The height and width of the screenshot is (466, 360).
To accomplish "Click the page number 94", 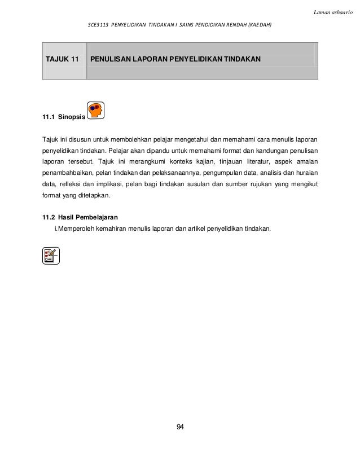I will click(180, 427).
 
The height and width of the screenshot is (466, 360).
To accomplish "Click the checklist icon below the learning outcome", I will click(51, 256).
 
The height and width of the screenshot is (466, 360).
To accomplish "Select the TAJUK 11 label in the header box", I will click(62, 59).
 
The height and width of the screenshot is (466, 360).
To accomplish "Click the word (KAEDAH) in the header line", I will click(257, 25).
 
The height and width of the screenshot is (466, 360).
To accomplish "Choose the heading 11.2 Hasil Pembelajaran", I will click(80, 217).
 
